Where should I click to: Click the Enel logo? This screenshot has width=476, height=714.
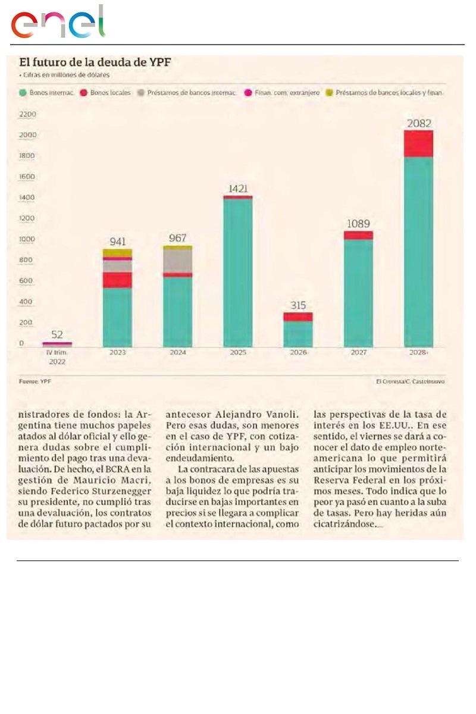58,24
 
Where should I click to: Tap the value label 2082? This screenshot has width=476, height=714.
419,124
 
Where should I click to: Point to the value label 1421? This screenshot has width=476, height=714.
237,189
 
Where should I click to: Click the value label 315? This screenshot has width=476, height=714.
297,305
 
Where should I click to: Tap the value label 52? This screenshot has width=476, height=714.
57,334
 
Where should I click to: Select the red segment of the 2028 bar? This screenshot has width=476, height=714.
419,143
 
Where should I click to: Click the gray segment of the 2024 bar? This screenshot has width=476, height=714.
177,260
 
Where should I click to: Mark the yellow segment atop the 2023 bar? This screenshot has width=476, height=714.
117,253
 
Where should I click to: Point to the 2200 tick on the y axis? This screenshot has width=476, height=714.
28,114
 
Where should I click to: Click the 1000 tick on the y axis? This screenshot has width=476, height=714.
28,239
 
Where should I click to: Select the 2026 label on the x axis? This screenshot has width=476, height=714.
297,352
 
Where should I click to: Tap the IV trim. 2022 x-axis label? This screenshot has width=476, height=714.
57,356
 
